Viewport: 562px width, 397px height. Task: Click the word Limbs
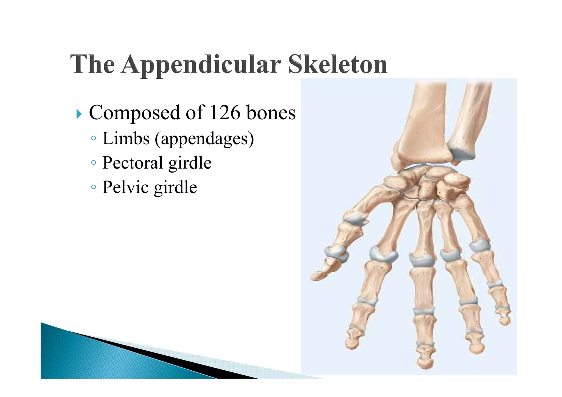(x=126, y=138)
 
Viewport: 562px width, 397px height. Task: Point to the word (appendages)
(x=204, y=139)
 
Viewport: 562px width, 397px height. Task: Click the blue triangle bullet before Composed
(x=79, y=114)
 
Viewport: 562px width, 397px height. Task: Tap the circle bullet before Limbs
(x=94, y=138)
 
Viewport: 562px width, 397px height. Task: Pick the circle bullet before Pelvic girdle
(x=94, y=187)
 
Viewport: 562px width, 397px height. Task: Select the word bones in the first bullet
(x=271, y=112)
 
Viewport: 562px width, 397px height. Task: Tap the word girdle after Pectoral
(x=190, y=163)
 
